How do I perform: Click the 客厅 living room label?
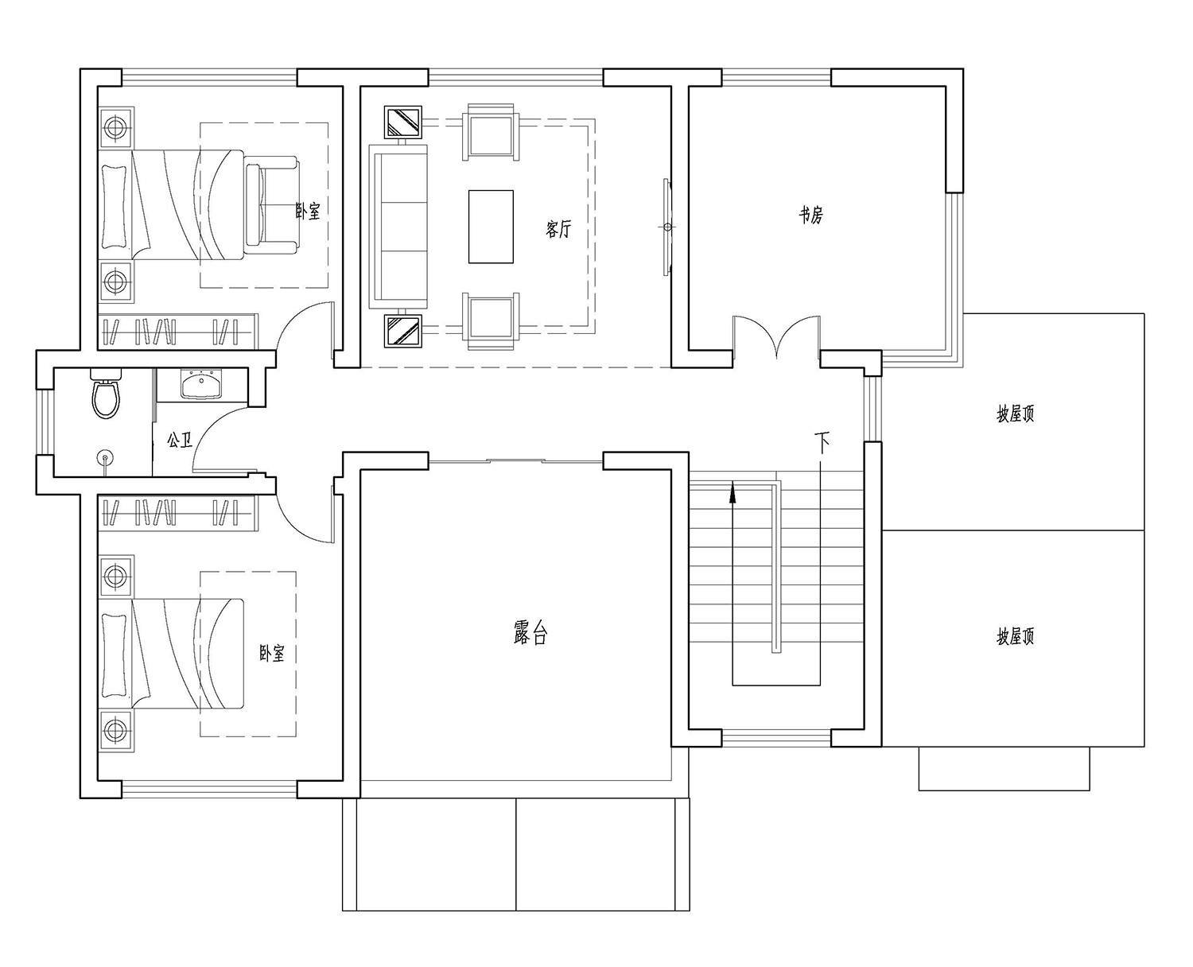(x=558, y=228)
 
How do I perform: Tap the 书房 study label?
(x=811, y=215)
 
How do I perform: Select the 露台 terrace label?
(x=530, y=633)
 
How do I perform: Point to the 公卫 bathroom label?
(x=180, y=440)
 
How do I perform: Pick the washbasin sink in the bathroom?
(x=200, y=384)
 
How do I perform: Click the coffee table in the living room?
(x=491, y=226)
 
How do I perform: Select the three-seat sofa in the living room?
(x=398, y=226)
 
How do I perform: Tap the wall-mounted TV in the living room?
(x=666, y=227)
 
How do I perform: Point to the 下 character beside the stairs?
(x=822, y=442)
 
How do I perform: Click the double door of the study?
(x=776, y=336)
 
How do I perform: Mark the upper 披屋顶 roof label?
(x=1015, y=414)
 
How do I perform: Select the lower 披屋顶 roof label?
(x=1015, y=637)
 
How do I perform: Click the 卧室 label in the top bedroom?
(x=308, y=211)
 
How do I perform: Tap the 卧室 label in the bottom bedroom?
(x=272, y=653)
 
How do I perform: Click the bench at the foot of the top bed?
(x=271, y=204)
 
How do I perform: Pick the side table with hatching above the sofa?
(x=402, y=122)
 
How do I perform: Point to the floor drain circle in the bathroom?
(x=105, y=457)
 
